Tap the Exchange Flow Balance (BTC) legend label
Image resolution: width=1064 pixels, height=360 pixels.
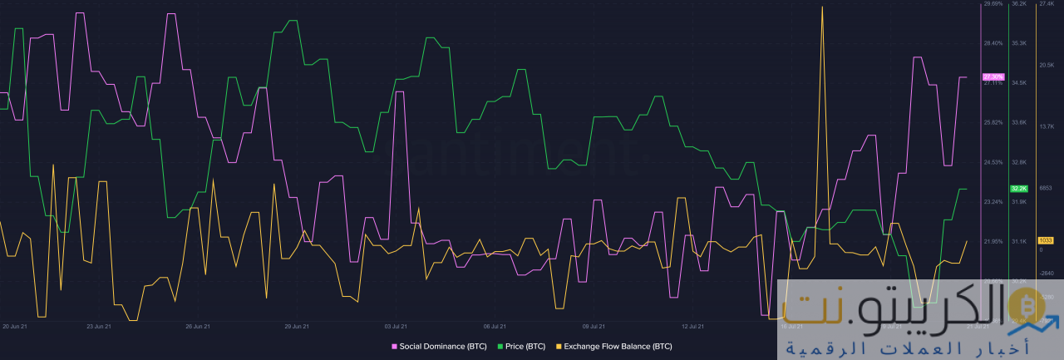coord(618,346)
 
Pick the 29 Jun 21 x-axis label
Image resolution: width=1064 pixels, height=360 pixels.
coord(297,327)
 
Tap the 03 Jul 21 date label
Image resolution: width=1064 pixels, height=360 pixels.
coord(394,327)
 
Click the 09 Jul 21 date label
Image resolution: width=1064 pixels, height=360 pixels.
coord(594,327)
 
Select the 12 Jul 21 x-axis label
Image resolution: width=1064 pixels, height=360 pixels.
coord(692,327)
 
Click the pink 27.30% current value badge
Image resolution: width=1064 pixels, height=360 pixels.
coord(993,76)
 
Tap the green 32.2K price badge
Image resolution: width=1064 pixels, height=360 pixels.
coord(1019,189)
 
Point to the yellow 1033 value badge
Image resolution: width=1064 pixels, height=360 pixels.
coord(1046,240)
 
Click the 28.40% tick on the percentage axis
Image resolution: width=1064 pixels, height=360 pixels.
coord(993,43)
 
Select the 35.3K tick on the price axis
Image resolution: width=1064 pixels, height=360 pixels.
coord(1018,43)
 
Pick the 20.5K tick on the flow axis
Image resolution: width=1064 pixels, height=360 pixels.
coord(1047,65)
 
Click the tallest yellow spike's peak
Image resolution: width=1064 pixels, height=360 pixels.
coord(822,7)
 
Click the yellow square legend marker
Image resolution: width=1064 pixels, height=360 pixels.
coord(559,346)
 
